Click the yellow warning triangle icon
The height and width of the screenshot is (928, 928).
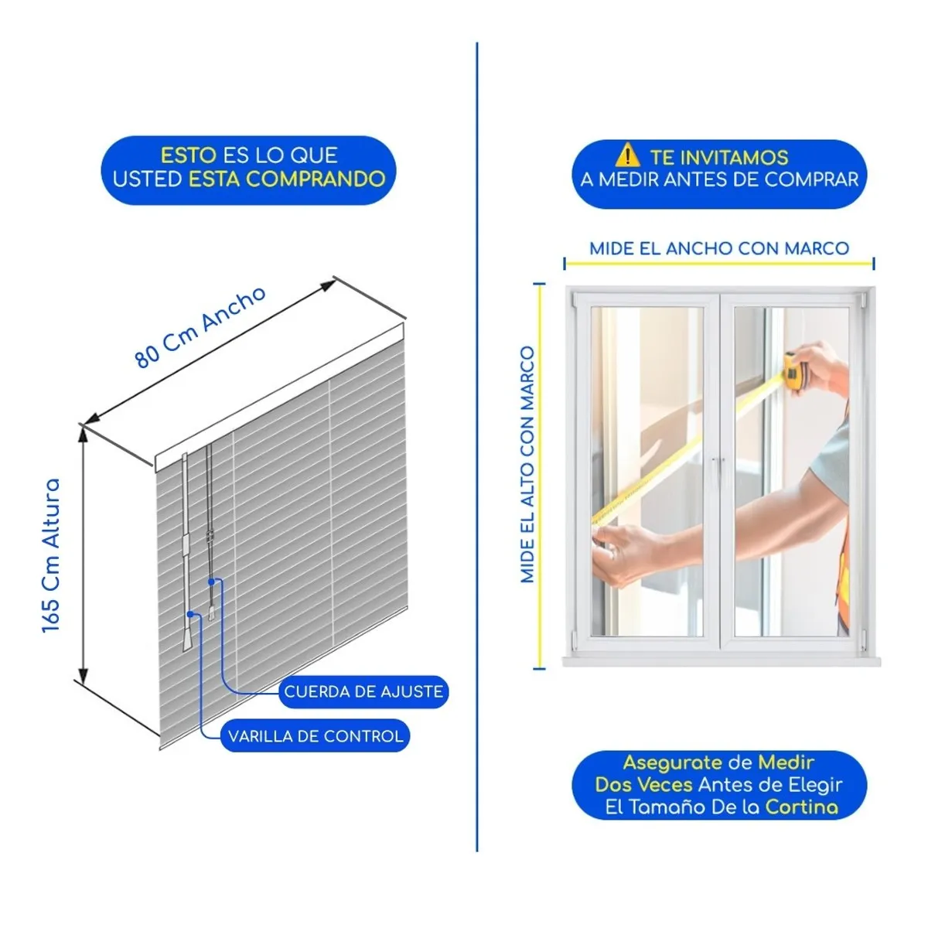point(627,156)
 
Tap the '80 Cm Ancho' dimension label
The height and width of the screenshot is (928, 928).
point(200,326)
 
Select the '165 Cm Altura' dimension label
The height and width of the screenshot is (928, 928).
point(51,555)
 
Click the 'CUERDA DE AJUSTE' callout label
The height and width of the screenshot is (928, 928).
point(363,691)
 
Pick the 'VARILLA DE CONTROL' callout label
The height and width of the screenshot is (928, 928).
point(316,736)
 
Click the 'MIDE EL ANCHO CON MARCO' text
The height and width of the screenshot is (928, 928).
point(719,248)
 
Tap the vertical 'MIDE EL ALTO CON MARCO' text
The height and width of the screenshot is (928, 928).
point(527,464)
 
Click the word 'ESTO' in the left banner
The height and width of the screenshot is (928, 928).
point(188,155)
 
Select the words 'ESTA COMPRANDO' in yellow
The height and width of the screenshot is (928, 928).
point(287,179)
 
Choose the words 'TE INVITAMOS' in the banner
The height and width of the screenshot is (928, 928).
point(718,157)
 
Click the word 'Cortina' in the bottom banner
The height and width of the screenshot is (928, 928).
point(801,807)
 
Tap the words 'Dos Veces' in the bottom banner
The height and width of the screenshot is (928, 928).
point(643,784)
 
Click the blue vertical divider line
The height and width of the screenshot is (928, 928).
point(477,449)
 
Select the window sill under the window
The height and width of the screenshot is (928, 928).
point(721,662)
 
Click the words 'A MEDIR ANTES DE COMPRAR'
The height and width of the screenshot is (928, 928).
point(719,180)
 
